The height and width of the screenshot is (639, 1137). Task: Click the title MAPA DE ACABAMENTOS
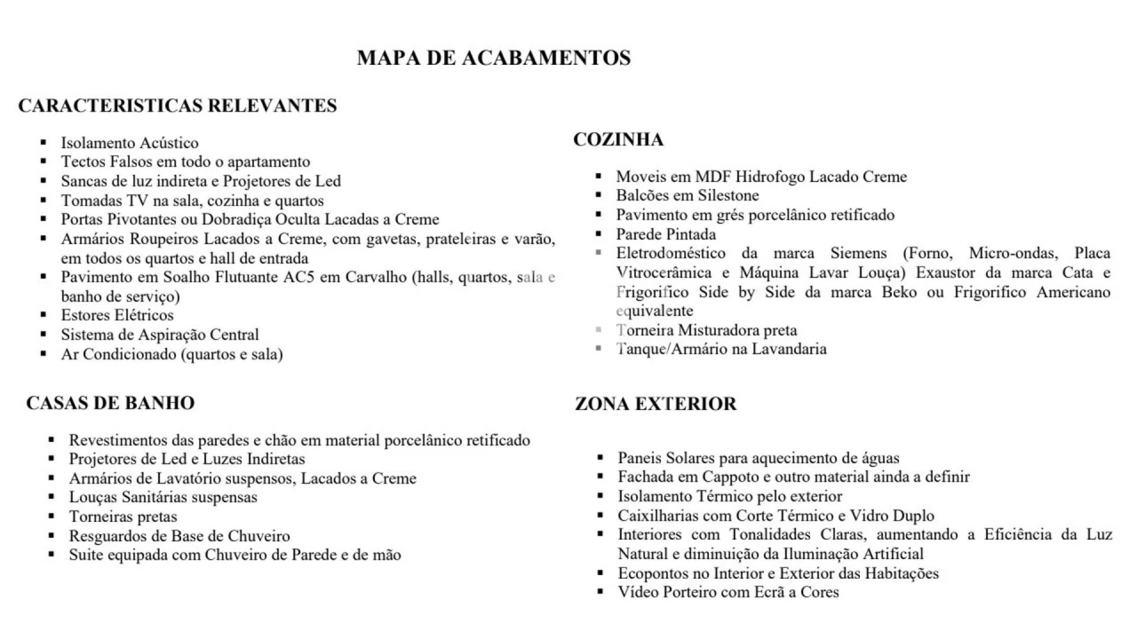click(494, 59)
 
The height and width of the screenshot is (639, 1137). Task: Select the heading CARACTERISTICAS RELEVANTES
click(178, 106)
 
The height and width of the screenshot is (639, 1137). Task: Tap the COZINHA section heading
click(618, 140)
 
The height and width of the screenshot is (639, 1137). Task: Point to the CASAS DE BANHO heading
click(110, 403)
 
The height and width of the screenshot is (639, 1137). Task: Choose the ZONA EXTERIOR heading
click(656, 405)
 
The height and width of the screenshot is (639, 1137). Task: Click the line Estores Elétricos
click(117, 316)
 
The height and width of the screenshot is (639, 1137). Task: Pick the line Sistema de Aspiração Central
click(160, 335)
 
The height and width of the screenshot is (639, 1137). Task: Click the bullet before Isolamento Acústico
click(43, 143)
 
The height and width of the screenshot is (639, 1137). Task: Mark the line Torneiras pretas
click(123, 517)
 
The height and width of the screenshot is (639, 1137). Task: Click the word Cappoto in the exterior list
click(725, 477)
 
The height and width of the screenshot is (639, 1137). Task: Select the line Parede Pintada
click(666, 235)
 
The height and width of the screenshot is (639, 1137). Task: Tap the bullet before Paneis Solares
click(600, 459)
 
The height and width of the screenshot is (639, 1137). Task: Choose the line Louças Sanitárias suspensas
click(163, 498)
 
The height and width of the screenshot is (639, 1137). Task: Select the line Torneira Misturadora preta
click(707, 331)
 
